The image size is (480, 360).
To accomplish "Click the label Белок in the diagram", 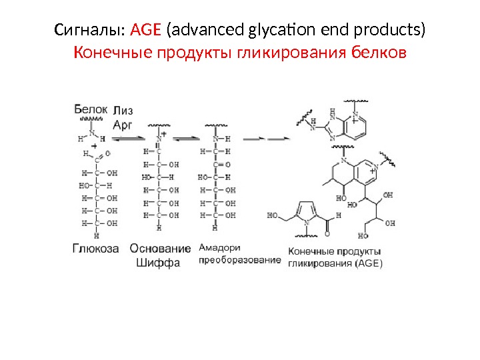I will tap(89, 108).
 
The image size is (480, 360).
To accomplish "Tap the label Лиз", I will tap(124, 111).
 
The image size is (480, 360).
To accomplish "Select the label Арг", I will tap(123, 123).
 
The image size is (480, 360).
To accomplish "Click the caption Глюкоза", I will tap(95, 249).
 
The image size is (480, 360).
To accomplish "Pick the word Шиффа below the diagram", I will tap(158, 263).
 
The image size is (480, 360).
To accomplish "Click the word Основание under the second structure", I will tap(160, 249).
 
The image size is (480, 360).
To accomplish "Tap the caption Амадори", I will tap(219, 247).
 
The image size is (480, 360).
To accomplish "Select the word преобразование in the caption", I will tap(240, 260).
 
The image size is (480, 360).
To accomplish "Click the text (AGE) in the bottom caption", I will tap(369, 263).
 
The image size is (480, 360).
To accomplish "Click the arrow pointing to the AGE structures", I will tap(267, 139).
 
